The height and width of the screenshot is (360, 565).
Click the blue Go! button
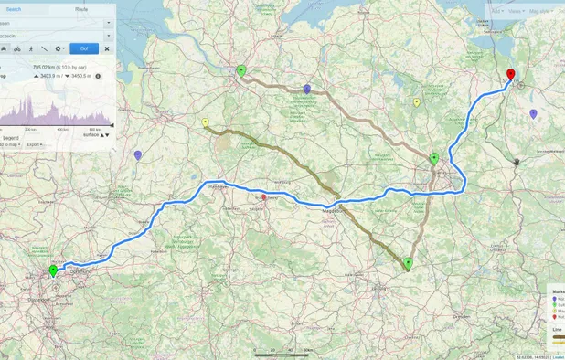pos(84,48)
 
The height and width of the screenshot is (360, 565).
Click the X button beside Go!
pos(106,48)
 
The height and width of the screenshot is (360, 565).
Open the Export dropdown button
pos(34,144)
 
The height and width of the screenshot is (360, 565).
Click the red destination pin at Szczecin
pos(510,76)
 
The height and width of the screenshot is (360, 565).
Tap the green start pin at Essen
pos(53,271)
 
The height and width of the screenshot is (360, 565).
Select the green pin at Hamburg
pos(240,71)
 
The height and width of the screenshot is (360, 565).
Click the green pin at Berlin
pos(434,159)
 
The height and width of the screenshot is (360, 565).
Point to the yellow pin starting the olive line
pos(205,123)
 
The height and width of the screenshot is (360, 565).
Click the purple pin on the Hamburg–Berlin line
pos(307,90)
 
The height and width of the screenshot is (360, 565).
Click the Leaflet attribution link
pos(557,356)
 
